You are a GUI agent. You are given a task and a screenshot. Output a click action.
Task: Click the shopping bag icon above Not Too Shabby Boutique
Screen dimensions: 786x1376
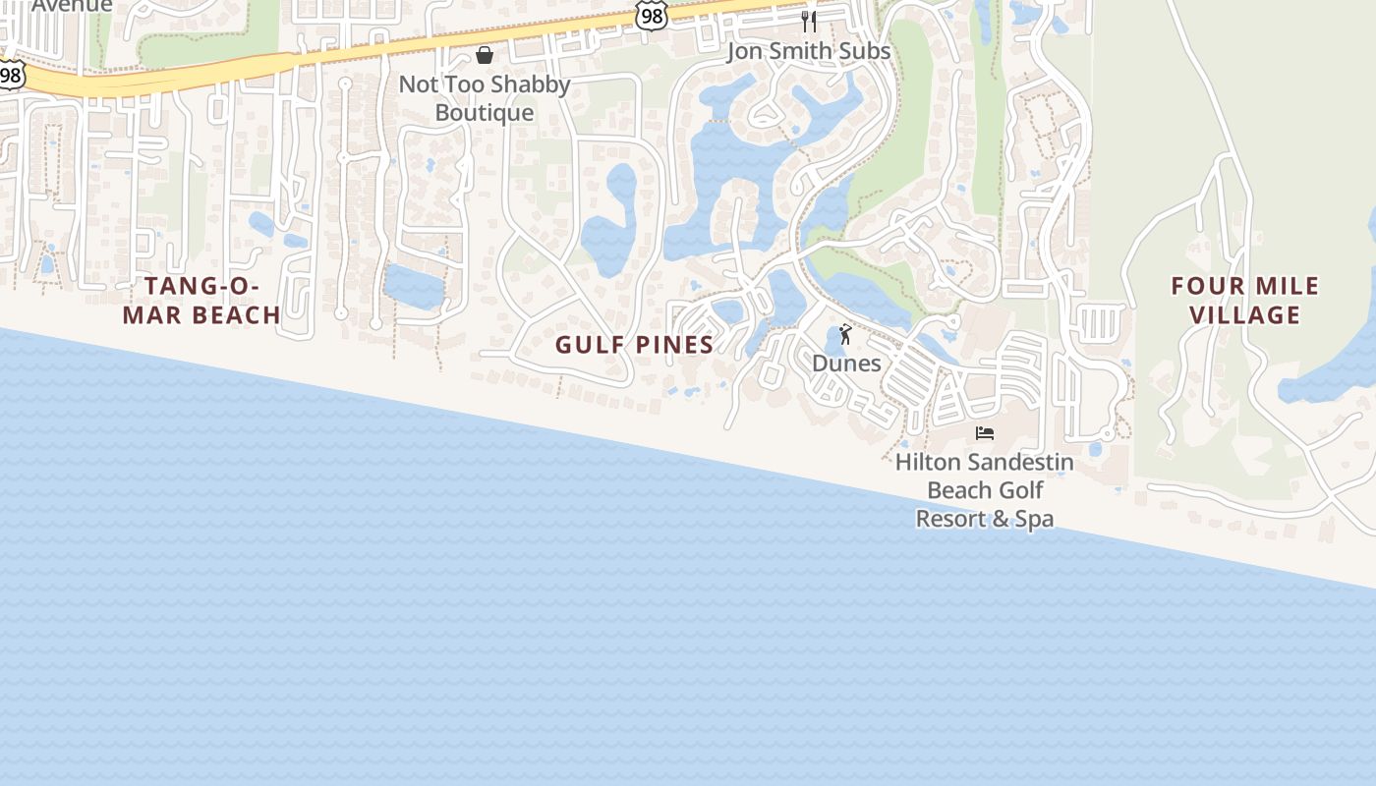(x=484, y=55)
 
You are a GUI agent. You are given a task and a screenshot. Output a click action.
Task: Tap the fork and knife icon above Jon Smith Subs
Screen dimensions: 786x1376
(x=809, y=21)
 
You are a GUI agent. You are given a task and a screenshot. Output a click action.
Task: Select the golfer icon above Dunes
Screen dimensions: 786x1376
(x=845, y=335)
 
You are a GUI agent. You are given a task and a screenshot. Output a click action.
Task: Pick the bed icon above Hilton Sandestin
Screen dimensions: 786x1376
(x=985, y=433)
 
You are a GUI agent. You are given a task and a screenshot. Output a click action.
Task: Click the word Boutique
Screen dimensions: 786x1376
(x=485, y=113)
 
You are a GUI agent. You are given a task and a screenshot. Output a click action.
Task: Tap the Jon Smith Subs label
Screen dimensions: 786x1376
(x=809, y=51)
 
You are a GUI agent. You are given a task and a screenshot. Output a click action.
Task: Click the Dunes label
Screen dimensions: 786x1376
(x=846, y=364)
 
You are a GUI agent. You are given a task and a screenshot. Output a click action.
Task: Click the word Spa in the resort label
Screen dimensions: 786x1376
(x=1034, y=519)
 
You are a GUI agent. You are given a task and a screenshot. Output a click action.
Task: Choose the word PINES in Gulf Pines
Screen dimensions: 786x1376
(x=672, y=345)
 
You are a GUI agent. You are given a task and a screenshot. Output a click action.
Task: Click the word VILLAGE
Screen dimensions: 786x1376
(x=1244, y=315)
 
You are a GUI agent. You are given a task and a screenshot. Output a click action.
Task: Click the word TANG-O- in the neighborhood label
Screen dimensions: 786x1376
(x=202, y=287)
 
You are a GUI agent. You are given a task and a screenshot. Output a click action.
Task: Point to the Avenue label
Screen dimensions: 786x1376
(x=72, y=6)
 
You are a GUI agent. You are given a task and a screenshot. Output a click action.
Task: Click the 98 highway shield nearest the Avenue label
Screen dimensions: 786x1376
(x=10, y=75)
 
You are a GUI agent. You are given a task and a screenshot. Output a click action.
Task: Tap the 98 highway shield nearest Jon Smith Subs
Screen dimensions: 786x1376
(x=651, y=14)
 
